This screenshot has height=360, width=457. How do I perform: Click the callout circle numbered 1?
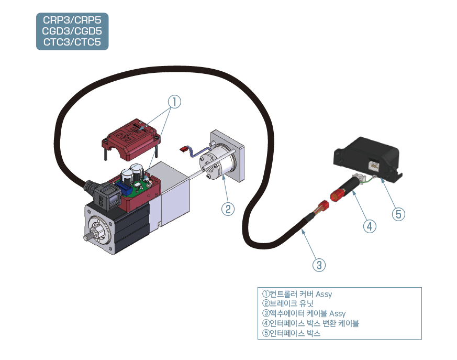(174, 102)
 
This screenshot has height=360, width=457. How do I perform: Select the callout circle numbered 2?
(227, 209)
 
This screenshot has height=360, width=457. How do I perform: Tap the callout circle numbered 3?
(319, 264)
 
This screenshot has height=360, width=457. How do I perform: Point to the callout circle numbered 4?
(370, 226)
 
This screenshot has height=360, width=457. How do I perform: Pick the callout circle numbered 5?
(399, 214)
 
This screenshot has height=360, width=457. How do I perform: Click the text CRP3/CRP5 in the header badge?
(72, 20)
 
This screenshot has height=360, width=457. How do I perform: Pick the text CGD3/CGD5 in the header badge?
(72, 31)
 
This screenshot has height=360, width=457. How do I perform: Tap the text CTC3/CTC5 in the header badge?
(72, 41)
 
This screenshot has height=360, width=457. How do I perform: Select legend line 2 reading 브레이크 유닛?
(287, 303)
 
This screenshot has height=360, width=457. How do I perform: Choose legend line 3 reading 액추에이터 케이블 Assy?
(304, 313)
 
